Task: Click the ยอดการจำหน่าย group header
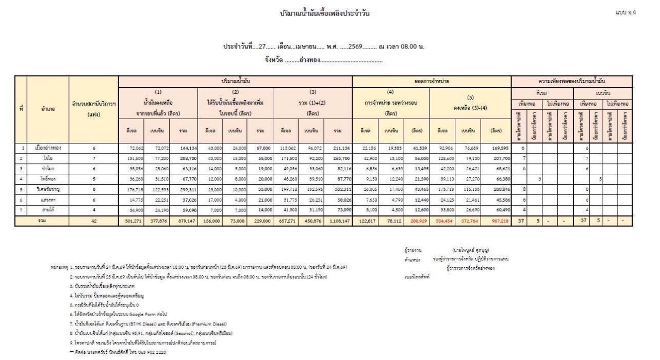(x=432, y=81)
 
